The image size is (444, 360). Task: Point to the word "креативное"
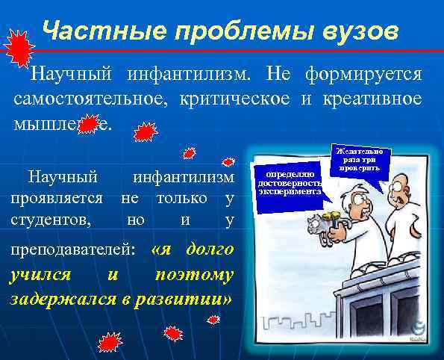tap(374, 99)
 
